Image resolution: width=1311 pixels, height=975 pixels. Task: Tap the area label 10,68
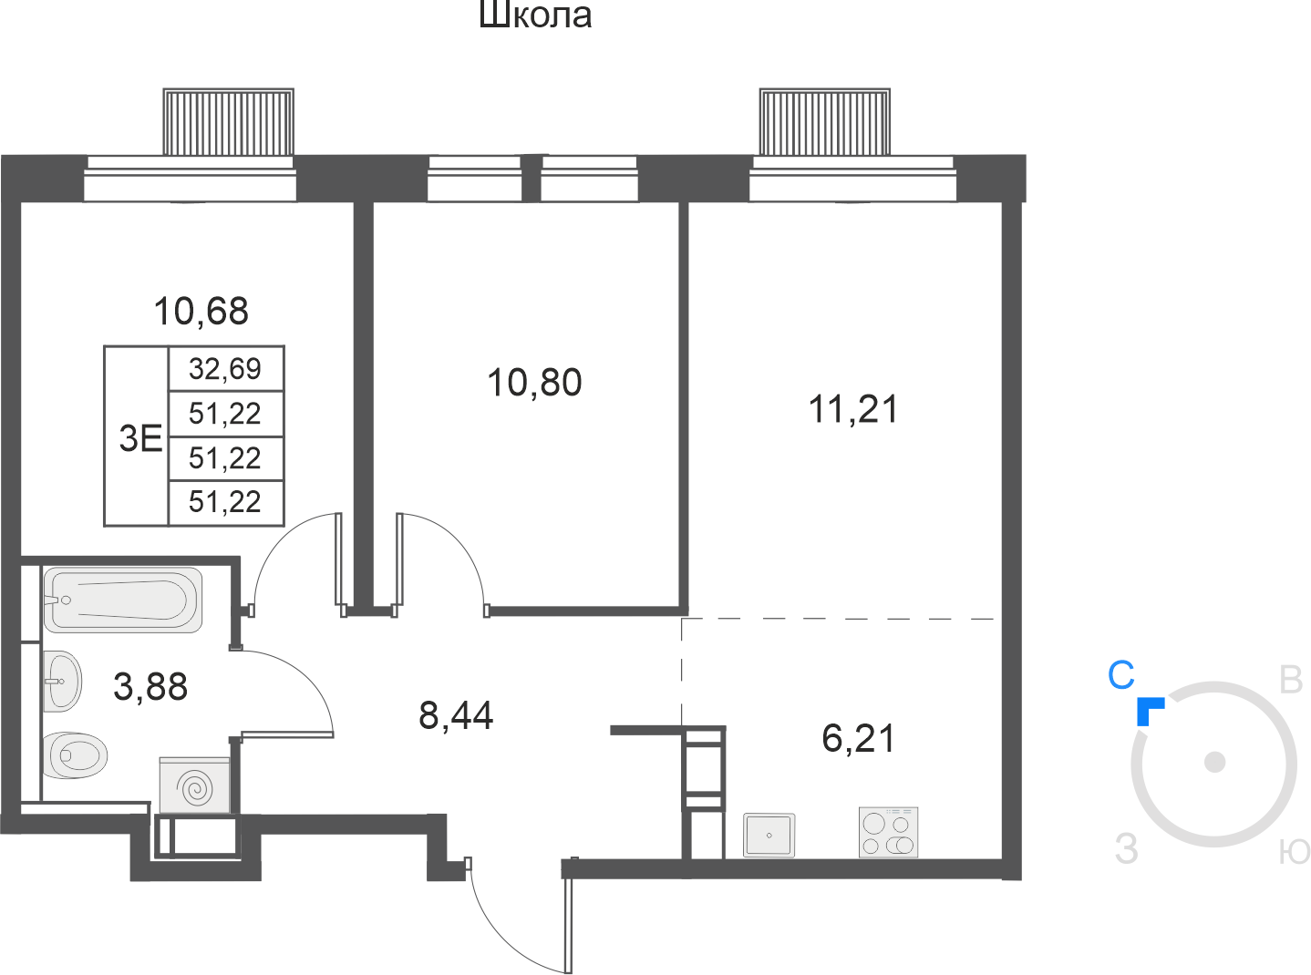pyautogui.click(x=201, y=311)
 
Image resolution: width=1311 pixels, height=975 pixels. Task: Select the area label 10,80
pyautogui.click(x=534, y=382)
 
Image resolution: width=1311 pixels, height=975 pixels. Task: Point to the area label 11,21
pyautogui.click(x=853, y=409)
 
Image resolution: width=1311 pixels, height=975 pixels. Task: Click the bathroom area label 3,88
pyautogui.click(x=150, y=687)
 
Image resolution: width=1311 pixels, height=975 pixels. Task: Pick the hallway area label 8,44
pyautogui.click(x=456, y=715)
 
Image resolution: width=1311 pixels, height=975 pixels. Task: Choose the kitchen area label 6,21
pyautogui.click(x=858, y=738)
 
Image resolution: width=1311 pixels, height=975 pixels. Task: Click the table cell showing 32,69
pyautogui.click(x=224, y=369)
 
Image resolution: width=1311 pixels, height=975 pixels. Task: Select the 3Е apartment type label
pyautogui.click(x=140, y=438)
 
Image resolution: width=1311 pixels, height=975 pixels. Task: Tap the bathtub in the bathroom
pyautogui.click(x=123, y=600)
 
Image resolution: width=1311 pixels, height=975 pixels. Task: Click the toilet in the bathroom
pyautogui.click(x=75, y=755)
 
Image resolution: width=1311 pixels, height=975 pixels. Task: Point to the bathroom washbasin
pyautogui.click(x=63, y=682)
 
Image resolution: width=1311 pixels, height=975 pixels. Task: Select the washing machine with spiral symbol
pyautogui.click(x=194, y=785)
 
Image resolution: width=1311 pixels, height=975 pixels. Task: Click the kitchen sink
pyautogui.click(x=769, y=835)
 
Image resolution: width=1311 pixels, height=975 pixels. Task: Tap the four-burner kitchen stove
pyautogui.click(x=888, y=832)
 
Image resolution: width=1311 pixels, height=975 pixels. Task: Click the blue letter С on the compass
pyautogui.click(x=1120, y=675)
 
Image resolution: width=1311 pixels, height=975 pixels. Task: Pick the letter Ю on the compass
pyautogui.click(x=1295, y=853)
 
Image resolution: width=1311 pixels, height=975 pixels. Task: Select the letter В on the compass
pyautogui.click(x=1291, y=680)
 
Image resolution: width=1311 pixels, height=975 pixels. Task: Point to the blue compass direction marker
pyautogui.click(x=1149, y=711)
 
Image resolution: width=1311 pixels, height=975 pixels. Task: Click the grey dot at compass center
pyautogui.click(x=1214, y=762)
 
